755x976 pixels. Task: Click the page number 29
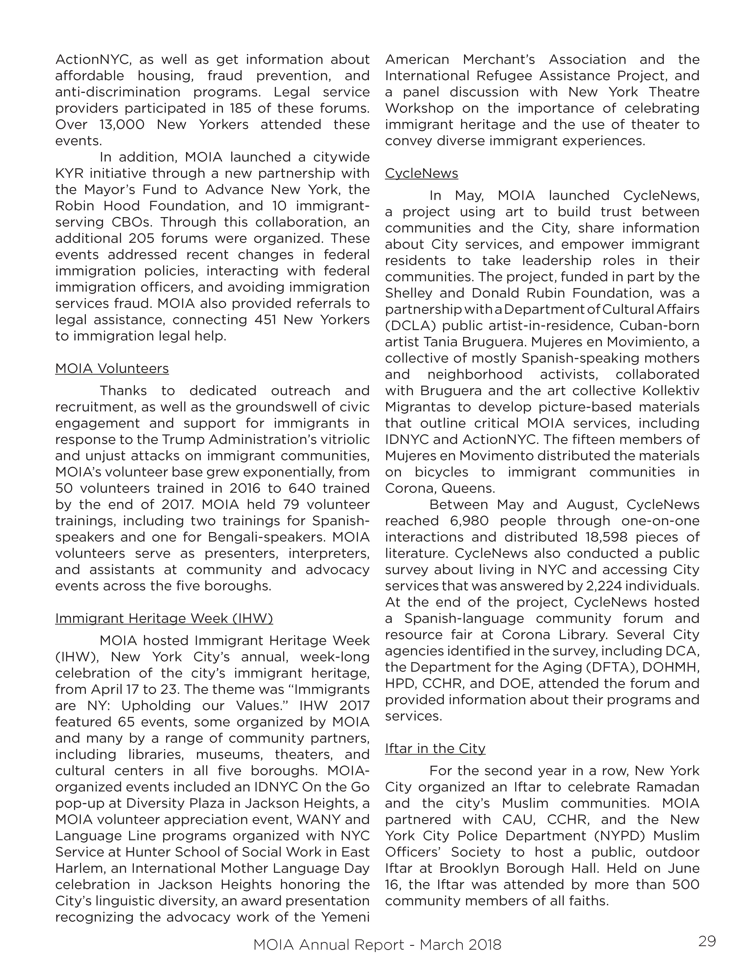[x=707, y=941]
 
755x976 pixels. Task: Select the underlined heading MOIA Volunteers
[x=112, y=369]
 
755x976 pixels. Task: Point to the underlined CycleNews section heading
[x=421, y=173]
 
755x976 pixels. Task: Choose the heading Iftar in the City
[x=435, y=749]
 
